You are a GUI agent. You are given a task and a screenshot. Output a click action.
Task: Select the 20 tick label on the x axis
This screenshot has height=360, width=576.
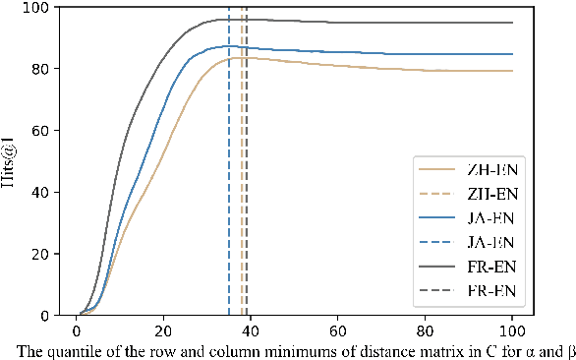(x=163, y=331)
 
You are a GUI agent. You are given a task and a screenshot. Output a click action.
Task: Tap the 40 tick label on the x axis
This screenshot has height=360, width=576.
(x=251, y=331)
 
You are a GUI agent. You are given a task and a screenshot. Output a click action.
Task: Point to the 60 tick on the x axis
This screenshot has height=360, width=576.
(x=338, y=331)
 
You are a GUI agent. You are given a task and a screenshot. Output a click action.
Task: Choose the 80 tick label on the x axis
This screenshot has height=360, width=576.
(x=426, y=331)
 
